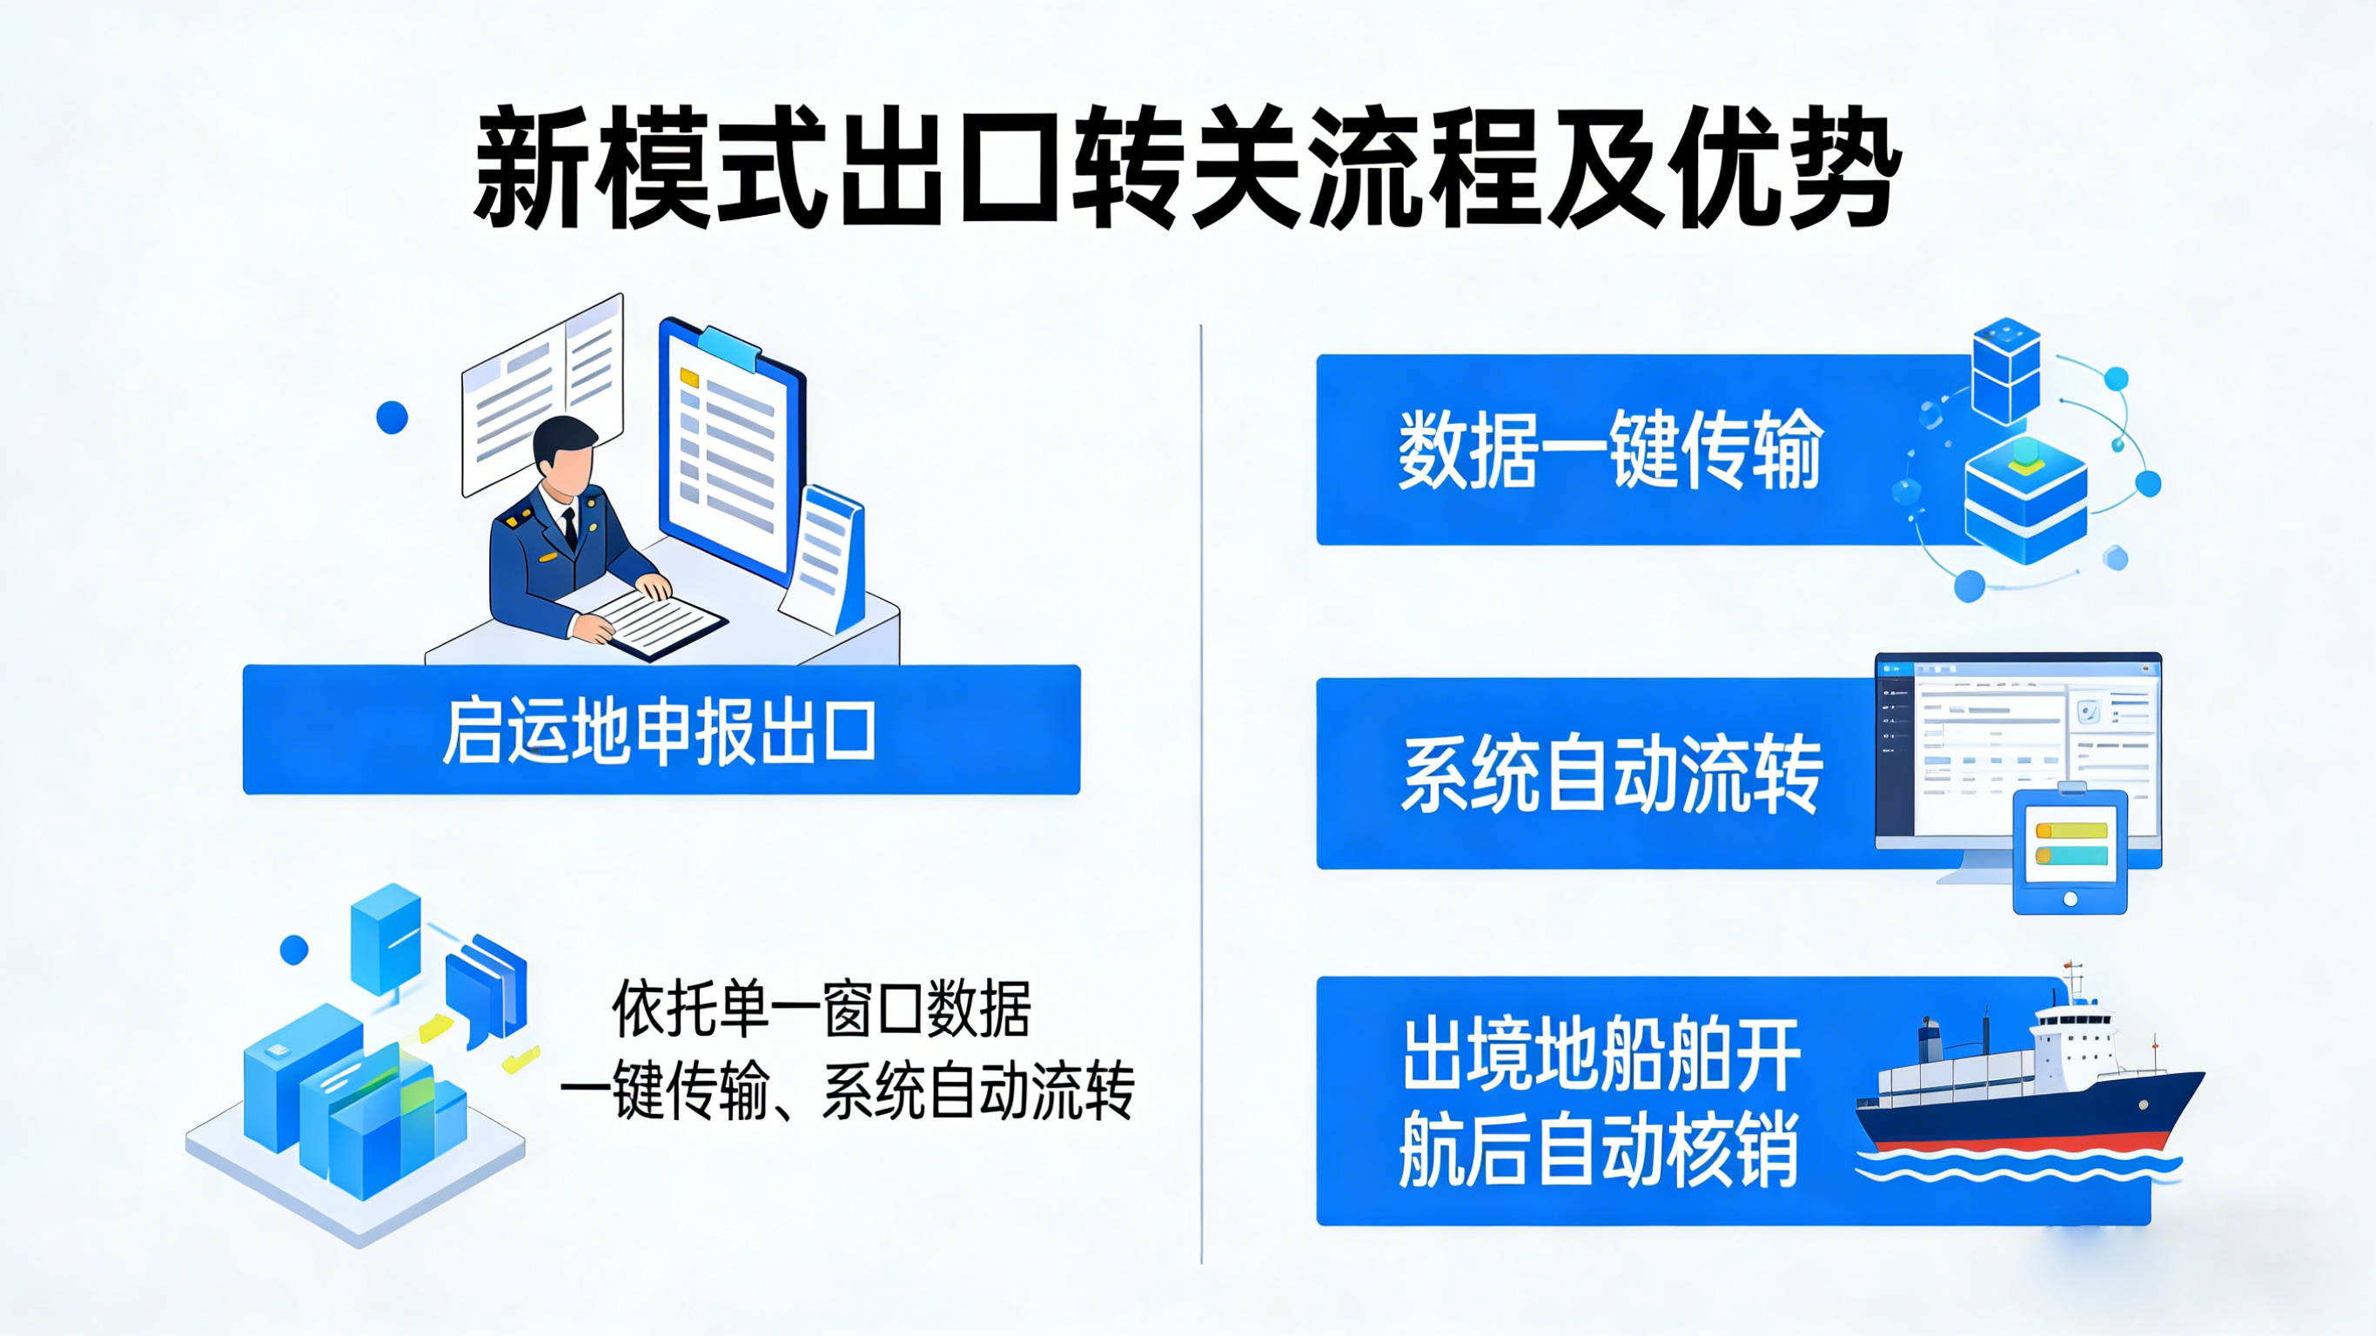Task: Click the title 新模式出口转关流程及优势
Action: coord(1187,168)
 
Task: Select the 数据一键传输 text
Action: coord(1609,449)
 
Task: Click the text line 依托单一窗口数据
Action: coord(821,1009)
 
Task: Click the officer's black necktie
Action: coord(570,528)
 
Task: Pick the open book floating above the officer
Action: coord(542,395)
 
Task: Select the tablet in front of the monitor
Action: coord(2070,850)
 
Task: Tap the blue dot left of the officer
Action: coord(392,417)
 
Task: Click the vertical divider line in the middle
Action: coord(1201,794)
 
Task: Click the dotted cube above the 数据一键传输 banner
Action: coord(2005,369)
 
